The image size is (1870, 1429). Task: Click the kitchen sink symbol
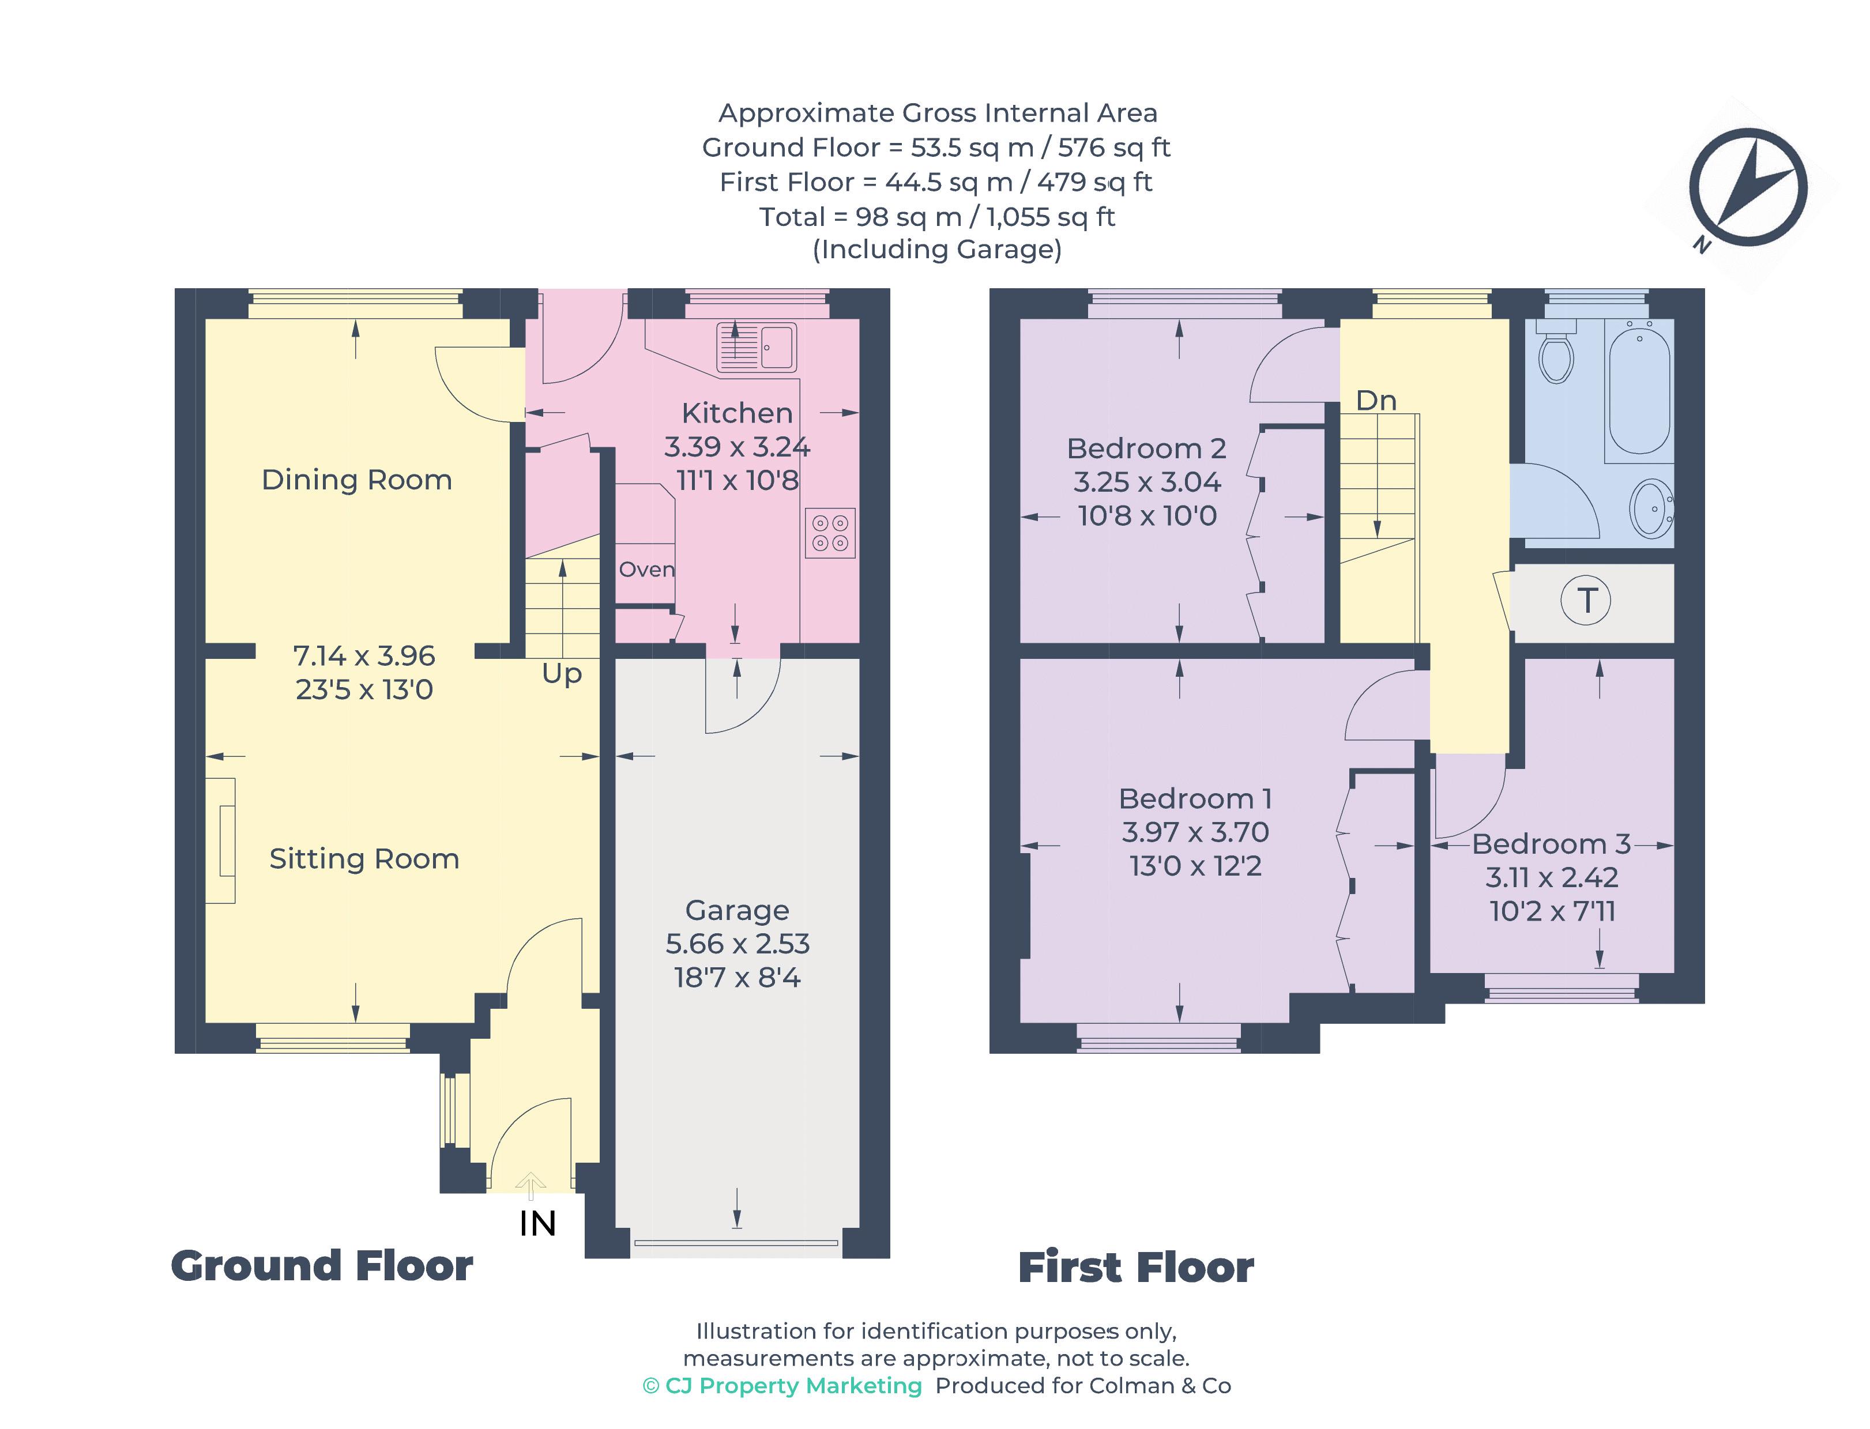(x=755, y=347)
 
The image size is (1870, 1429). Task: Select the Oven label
(x=646, y=569)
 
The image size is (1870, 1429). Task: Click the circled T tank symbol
(x=1585, y=601)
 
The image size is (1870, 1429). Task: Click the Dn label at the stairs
(x=1376, y=401)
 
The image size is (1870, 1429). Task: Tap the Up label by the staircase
(x=562, y=674)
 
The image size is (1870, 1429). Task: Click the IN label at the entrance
(x=537, y=1224)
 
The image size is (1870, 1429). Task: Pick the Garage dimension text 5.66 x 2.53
(x=737, y=943)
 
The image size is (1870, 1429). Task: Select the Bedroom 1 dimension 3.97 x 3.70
(x=1195, y=832)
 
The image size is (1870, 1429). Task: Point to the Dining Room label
(x=356, y=480)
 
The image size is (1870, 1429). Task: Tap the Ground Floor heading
(x=322, y=1266)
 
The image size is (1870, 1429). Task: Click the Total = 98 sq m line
(x=936, y=217)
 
